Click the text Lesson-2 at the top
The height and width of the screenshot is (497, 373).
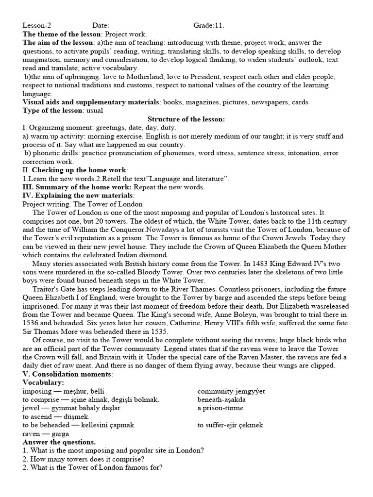(36, 26)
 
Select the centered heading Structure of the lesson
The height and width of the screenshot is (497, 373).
(186, 119)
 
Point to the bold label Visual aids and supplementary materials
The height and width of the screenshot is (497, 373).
(91, 102)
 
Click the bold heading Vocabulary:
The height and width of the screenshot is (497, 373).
(42, 382)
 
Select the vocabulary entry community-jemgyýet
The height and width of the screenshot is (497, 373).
(231, 391)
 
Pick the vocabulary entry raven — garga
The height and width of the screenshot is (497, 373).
(46, 433)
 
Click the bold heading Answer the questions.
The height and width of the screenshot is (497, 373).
(59, 442)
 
